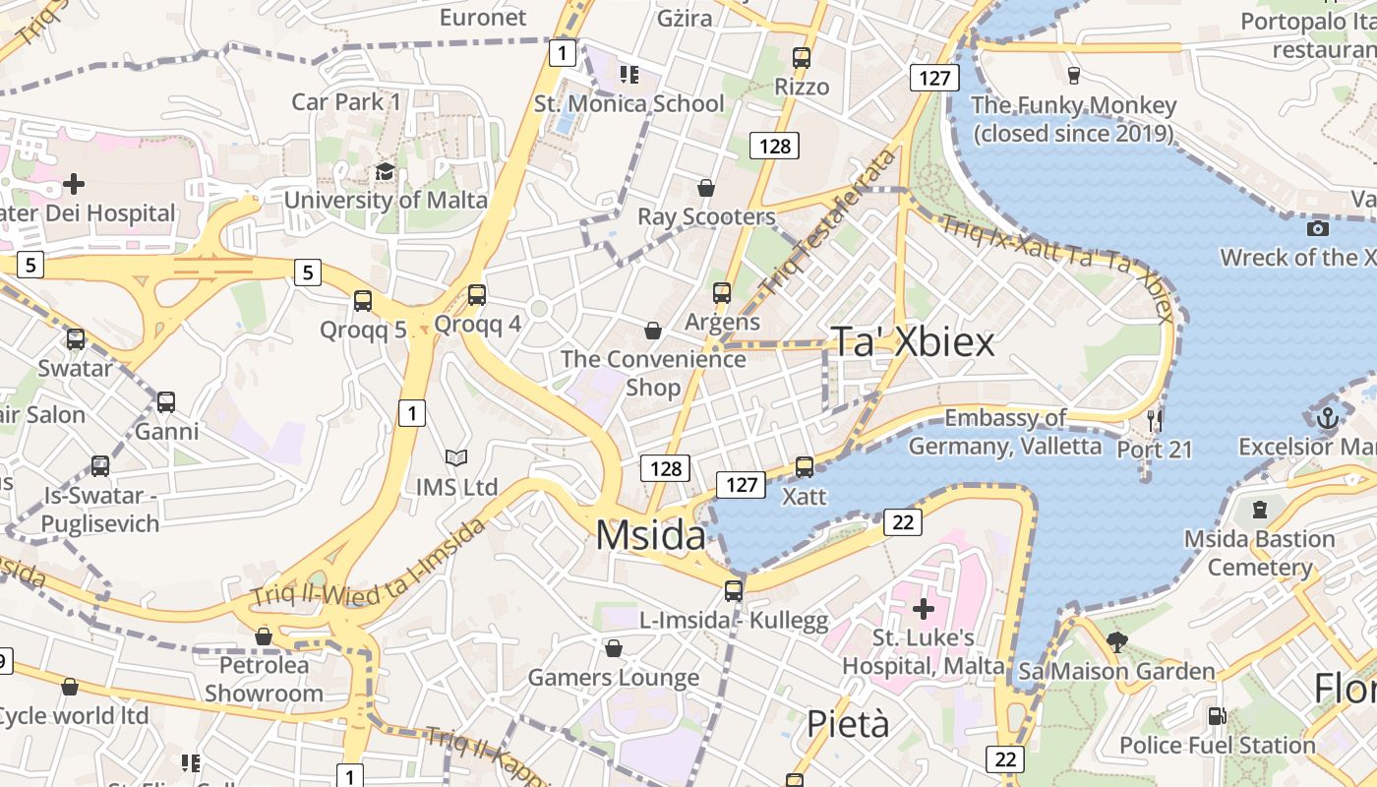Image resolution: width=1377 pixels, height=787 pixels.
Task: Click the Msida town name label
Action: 650,536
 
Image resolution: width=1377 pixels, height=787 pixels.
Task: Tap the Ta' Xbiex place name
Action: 913,341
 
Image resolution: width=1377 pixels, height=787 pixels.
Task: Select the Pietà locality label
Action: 848,724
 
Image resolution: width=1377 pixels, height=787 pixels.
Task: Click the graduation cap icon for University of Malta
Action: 385,172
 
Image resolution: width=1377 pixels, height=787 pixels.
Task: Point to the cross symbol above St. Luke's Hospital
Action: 923,609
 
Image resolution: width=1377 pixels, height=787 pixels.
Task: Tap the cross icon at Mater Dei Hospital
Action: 73,184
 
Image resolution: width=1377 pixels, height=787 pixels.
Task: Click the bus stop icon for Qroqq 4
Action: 477,294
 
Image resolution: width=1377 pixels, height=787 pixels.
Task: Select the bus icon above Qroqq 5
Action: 363,300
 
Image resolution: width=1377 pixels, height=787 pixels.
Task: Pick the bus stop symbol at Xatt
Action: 805,467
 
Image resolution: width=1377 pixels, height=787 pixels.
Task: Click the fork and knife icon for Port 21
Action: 1155,421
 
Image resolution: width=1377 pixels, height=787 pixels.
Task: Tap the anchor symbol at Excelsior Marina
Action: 1328,418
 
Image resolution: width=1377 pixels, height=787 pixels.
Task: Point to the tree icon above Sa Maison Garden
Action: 1116,642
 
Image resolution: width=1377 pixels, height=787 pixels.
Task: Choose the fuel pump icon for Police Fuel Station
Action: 1217,716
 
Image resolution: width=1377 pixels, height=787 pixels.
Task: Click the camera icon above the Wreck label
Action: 1318,228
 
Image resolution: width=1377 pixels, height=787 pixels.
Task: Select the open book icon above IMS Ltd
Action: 455,457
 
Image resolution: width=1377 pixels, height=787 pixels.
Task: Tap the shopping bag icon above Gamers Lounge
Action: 614,648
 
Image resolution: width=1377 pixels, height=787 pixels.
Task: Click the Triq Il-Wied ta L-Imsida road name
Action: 368,564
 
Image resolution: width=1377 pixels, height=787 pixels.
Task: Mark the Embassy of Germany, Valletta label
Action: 1004,432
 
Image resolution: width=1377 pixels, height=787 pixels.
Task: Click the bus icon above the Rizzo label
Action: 802,57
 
